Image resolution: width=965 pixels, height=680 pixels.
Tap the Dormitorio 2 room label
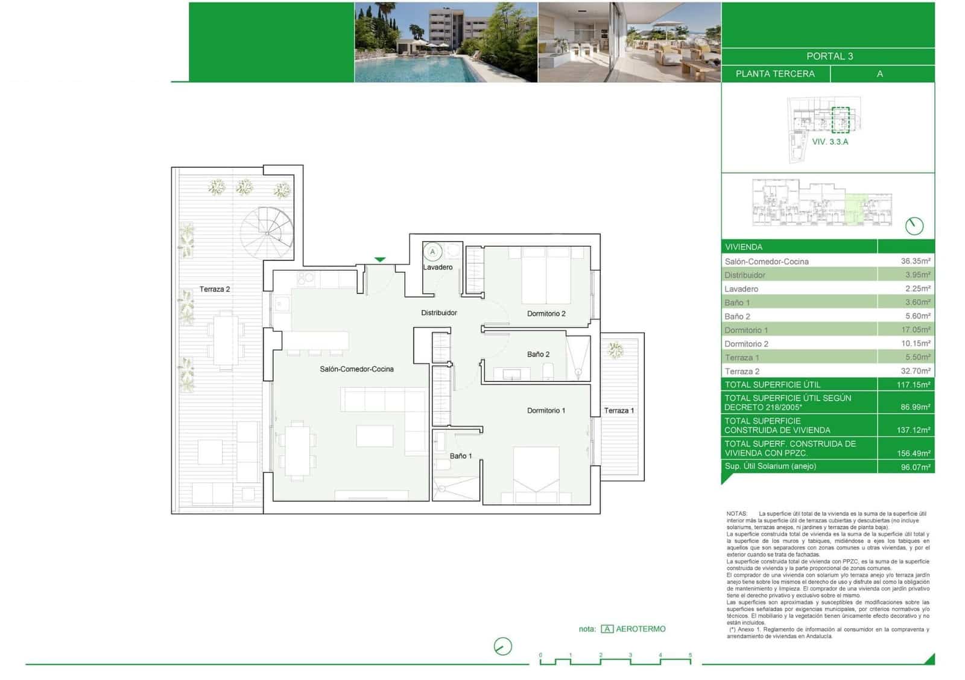coord(546,313)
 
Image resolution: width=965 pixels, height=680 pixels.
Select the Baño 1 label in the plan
coord(461,456)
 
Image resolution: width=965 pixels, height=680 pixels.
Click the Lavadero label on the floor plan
coord(437,267)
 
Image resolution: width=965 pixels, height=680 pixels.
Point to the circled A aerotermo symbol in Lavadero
coord(432,252)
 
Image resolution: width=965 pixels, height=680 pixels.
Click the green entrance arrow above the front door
coord(379,259)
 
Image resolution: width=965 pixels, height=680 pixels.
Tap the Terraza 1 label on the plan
coord(619,410)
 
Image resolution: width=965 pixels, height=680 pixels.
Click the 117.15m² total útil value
coord(913,384)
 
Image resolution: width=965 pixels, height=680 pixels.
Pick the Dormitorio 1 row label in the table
coord(746,330)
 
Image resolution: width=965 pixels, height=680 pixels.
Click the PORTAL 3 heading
coord(829,56)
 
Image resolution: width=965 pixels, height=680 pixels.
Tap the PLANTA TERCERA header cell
coord(775,74)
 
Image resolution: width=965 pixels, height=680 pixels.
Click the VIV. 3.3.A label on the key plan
coord(830,142)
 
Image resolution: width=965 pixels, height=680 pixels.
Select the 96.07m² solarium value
coord(915,466)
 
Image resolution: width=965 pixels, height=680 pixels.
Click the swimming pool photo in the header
coord(446,42)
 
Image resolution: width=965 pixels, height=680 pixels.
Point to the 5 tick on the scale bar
coord(690,655)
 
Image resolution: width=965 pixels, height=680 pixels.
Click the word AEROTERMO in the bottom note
coord(641,629)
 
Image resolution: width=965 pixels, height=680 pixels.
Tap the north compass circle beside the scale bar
coord(502,646)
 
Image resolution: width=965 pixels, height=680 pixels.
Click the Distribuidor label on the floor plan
coord(438,313)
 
